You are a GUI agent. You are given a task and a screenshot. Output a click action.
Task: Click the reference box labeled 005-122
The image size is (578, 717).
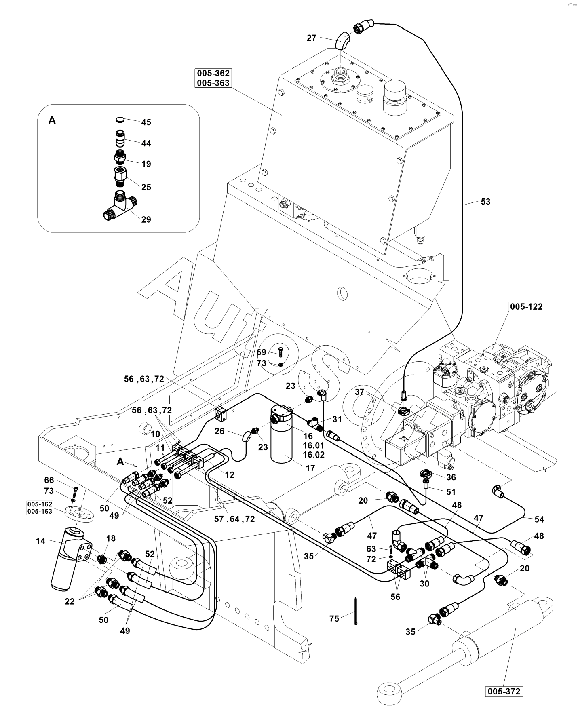click(x=526, y=307)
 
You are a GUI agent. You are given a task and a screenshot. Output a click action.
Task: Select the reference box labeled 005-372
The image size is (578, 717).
click(x=504, y=692)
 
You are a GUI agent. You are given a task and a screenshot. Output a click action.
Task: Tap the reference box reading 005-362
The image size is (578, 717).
click(x=213, y=73)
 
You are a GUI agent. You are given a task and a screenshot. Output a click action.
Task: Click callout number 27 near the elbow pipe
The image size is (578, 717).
click(x=311, y=38)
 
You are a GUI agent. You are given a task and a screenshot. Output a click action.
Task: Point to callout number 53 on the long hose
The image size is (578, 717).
click(x=485, y=201)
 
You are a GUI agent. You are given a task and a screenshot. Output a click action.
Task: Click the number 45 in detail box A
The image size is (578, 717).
click(x=146, y=122)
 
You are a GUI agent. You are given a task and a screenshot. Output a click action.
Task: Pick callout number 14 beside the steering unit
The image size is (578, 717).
click(x=41, y=541)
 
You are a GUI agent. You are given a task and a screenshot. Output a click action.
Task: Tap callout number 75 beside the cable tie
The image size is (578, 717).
click(x=334, y=619)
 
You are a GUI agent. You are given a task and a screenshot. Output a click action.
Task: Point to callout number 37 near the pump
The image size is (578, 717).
click(x=360, y=392)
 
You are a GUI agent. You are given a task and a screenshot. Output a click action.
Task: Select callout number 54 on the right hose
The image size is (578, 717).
click(x=539, y=519)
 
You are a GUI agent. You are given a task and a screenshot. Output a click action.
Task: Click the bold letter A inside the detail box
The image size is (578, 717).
click(x=52, y=120)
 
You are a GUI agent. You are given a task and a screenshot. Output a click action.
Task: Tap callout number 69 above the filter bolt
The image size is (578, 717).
click(x=262, y=352)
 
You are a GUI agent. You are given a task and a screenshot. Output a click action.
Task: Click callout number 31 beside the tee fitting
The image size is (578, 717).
click(x=337, y=419)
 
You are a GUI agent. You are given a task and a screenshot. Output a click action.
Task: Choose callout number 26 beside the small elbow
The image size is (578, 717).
click(x=219, y=431)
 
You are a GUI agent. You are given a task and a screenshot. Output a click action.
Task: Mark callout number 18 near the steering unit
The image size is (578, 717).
click(x=111, y=538)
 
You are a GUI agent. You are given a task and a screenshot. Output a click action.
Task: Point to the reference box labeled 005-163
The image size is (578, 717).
click(x=40, y=511)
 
